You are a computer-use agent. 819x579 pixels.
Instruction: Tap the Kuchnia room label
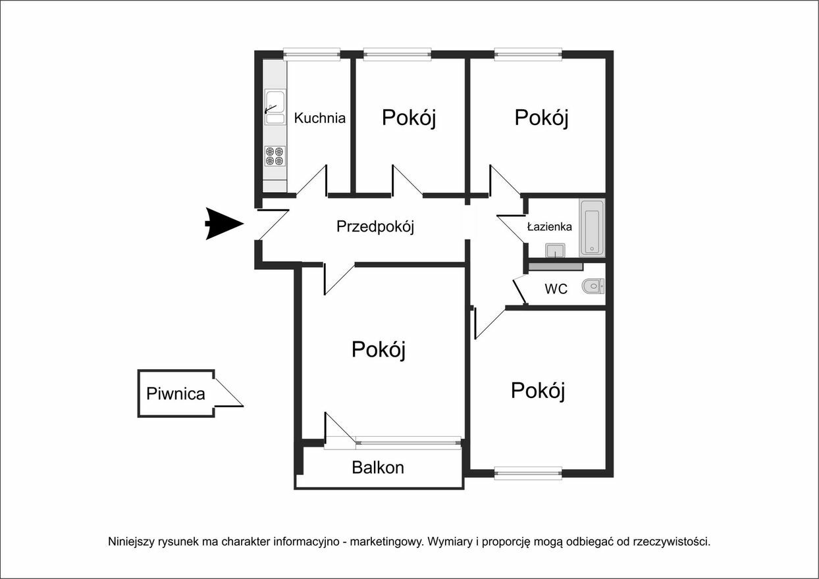click(x=319, y=118)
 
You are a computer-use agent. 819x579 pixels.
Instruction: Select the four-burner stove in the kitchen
click(x=275, y=157)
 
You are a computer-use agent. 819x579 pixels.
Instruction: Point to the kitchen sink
click(x=275, y=107)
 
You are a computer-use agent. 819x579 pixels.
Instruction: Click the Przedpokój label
click(x=375, y=226)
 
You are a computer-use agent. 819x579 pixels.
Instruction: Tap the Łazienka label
click(x=550, y=226)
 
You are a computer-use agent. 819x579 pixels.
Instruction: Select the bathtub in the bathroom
click(x=592, y=228)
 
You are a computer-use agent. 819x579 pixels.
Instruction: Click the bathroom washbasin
click(x=555, y=251)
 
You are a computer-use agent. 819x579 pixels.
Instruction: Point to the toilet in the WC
click(x=593, y=286)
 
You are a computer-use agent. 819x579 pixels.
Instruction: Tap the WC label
click(x=556, y=289)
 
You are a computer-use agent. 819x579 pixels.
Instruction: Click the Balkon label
click(x=378, y=468)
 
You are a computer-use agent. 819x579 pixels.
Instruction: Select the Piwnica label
click(x=176, y=394)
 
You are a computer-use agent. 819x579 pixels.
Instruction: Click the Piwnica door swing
click(x=228, y=392)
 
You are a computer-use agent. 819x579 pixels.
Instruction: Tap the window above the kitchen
click(x=311, y=54)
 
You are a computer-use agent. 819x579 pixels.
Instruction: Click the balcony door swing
click(x=340, y=428)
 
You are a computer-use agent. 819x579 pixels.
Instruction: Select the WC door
click(x=520, y=291)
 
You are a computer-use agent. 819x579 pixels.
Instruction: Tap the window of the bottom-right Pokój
click(x=528, y=473)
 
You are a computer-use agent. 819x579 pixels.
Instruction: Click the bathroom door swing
click(x=511, y=229)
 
